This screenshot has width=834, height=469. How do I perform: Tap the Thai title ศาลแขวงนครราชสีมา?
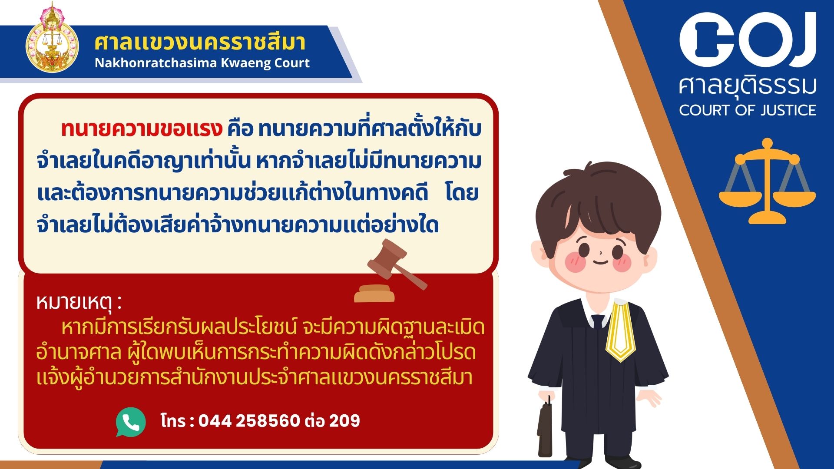(x=200, y=42)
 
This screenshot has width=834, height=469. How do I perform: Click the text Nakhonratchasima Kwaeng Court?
(x=202, y=63)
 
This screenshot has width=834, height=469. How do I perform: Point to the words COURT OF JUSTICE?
(x=748, y=110)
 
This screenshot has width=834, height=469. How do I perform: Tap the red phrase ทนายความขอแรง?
(x=142, y=129)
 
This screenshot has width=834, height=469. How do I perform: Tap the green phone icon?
(x=131, y=422)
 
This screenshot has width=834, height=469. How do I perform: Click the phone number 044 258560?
(x=249, y=420)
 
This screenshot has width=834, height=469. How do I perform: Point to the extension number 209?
(x=344, y=420)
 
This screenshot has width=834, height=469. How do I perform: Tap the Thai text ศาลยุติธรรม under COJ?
(x=748, y=86)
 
